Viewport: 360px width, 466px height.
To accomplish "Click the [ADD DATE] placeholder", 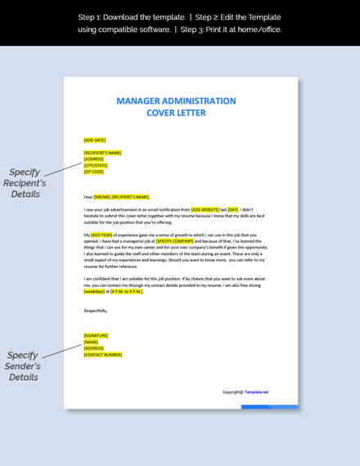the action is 95,140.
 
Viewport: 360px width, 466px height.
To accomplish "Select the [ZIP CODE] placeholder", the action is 94,172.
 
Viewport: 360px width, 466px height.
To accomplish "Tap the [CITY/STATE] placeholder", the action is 96,165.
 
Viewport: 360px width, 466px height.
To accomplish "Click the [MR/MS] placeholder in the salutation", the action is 101,197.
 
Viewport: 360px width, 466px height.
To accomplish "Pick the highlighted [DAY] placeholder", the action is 233,210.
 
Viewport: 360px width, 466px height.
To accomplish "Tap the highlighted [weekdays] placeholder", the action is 94,291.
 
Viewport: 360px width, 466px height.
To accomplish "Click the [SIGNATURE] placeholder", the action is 96,335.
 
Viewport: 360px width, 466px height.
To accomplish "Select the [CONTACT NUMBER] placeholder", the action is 103,355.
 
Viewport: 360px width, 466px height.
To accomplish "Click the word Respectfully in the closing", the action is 96,311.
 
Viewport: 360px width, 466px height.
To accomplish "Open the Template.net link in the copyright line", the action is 256,392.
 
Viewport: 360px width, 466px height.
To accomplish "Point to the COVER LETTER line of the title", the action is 176,113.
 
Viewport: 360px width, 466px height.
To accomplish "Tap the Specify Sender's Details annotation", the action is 24,366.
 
